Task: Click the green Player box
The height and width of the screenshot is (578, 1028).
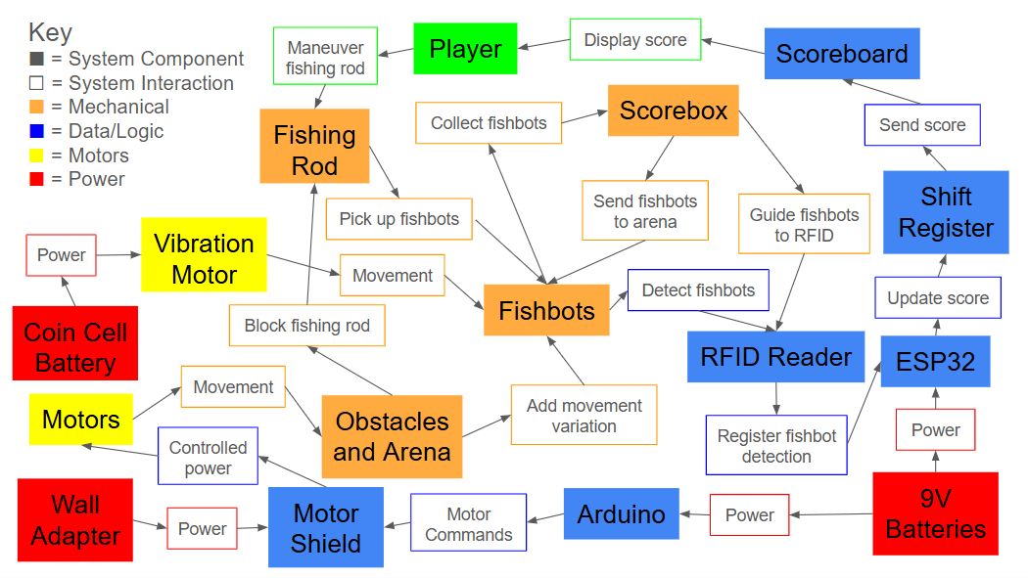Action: pyautogui.click(x=465, y=49)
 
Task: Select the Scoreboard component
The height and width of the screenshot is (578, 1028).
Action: pyautogui.click(x=842, y=54)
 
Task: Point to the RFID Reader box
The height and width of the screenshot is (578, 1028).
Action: pyautogui.click(x=775, y=357)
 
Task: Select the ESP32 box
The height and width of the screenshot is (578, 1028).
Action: pyautogui.click(x=935, y=361)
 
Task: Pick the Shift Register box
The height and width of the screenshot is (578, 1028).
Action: pyautogui.click(x=946, y=212)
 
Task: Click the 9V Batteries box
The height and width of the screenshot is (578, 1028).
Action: pyautogui.click(x=935, y=514)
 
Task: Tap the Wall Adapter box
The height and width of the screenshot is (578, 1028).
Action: pyautogui.click(x=75, y=519)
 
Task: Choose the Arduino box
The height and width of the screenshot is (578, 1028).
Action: pyautogui.click(x=621, y=514)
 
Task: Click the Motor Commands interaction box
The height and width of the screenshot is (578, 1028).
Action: pyautogui.click(x=468, y=524)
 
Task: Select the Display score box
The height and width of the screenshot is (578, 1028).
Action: pyautogui.click(x=635, y=41)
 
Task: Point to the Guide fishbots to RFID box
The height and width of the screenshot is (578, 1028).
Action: pyautogui.click(x=803, y=225)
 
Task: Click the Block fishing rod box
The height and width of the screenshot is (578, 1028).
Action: pyautogui.click(x=306, y=326)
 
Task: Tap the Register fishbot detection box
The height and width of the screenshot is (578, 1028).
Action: pyautogui.click(x=776, y=446)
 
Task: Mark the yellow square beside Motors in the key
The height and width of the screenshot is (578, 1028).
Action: pyautogui.click(x=36, y=156)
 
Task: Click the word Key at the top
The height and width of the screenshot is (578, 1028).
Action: pyautogui.click(x=50, y=31)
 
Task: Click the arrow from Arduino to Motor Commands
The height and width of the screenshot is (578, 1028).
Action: pyautogui.click(x=545, y=519)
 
